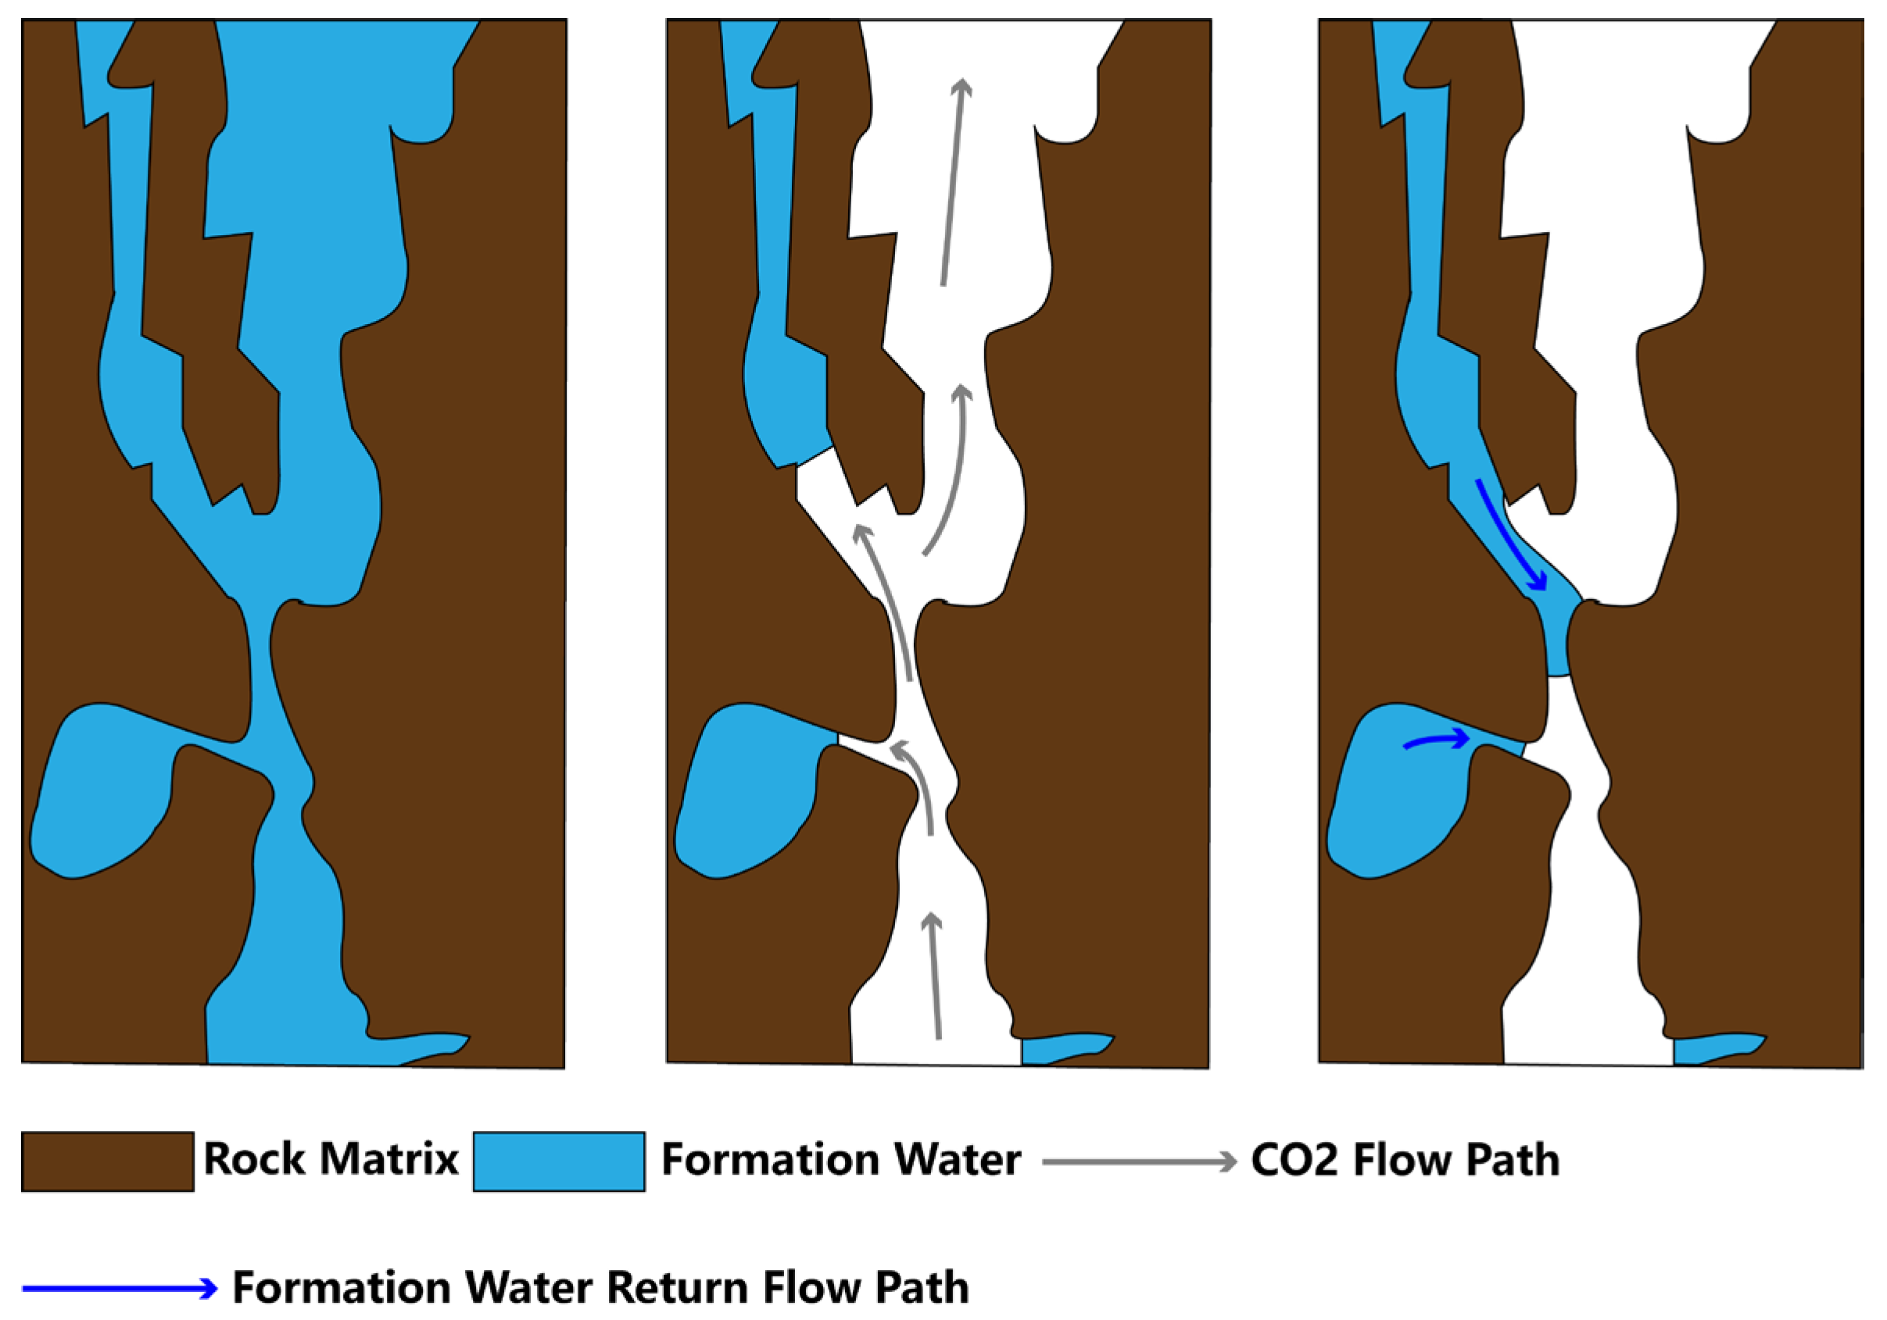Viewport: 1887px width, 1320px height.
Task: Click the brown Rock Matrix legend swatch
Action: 108,1161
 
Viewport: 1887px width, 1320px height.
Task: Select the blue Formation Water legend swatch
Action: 558,1161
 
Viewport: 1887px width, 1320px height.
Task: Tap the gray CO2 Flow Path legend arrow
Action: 1139,1161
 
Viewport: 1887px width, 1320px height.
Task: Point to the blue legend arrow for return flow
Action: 119,1288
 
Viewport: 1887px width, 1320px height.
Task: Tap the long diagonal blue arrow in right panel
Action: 1510,534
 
